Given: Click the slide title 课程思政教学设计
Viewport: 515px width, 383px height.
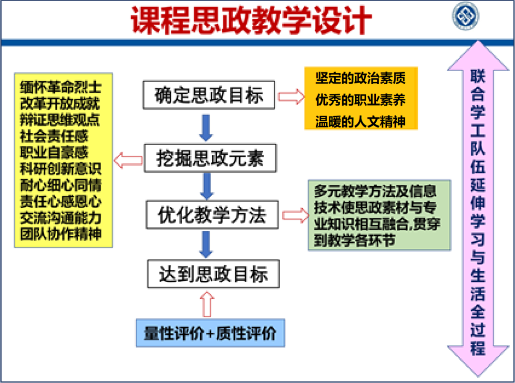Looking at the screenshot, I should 251,20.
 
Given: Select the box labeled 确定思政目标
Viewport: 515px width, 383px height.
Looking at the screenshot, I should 209,95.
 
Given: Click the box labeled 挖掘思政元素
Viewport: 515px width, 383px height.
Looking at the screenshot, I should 210,159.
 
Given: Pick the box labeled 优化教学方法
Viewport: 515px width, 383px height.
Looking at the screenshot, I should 212,215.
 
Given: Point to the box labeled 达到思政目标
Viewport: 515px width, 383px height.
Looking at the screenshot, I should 213,274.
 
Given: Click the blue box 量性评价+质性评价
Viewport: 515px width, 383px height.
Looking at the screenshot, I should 210,333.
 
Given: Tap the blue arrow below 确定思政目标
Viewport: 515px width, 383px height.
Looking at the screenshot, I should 206,127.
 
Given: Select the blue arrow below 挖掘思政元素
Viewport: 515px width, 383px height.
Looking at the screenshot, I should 206,186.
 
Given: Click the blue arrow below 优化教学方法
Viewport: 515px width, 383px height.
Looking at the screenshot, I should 206,245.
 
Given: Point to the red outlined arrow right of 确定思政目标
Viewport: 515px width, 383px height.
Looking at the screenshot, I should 290,96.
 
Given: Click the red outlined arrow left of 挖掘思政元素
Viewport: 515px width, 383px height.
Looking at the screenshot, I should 128,160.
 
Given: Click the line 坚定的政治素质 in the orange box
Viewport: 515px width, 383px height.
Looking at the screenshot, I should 360,77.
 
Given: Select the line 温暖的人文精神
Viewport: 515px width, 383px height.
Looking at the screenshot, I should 360,121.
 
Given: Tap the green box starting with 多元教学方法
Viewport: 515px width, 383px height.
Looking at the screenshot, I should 379,215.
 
